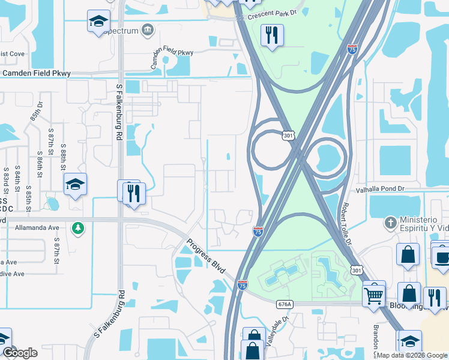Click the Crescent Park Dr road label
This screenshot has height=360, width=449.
click(273, 13)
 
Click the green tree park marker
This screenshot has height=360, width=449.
click(77, 228)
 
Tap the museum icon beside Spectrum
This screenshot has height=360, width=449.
click(148, 31)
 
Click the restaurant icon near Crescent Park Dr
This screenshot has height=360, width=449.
click(272, 35)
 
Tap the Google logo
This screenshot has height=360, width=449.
click(20, 353)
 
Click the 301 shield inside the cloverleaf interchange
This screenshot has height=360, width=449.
click(289, 136)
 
